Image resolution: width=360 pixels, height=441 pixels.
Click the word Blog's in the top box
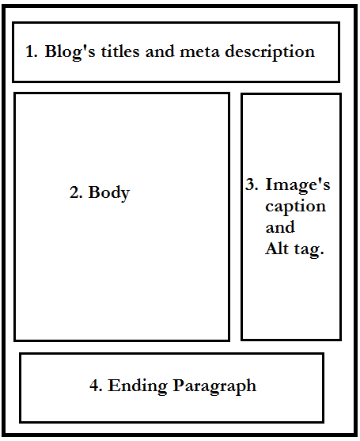(x=70, y=52)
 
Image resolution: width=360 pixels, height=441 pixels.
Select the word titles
(x=120, y=51)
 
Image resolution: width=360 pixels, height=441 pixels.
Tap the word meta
(x=199, y=52)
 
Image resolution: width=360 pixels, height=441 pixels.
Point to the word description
(x=270, y=52)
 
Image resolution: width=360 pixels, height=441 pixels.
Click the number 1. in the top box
(x=31, y=51)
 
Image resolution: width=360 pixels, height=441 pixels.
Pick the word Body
(x=109, y=193)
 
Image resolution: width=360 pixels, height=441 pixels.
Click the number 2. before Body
(x=76, y=192)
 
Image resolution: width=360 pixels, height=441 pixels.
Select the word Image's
(x=297, y=184)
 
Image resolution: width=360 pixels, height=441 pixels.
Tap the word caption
(x=295, y=207)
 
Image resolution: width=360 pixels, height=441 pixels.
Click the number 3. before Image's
(x=252, y=184)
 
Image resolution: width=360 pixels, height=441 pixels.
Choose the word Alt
(x=277, y=249)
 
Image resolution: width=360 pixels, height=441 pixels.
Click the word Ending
(x=138, y=386)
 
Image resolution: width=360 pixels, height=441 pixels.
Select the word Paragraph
(x=214, y=386)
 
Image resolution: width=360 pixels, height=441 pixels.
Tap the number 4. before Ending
(x=96, y=386)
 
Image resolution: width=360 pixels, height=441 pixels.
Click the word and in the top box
(x=159, y=51)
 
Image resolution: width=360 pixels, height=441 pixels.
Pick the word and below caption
(x=280, y=227)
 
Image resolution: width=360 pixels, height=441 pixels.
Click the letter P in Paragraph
(x=179, y=385)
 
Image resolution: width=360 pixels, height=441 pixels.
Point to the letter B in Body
(x=94, y=192)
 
